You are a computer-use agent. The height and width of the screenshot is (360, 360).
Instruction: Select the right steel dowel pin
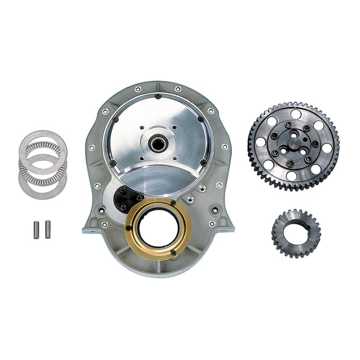48,229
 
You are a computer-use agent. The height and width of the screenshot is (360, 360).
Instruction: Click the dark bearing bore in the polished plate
157,144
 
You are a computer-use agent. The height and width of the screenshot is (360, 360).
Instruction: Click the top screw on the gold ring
173,203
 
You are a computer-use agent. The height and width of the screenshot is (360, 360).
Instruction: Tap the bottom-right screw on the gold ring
174,253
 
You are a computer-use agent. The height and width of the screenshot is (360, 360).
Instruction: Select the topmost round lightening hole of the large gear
296,114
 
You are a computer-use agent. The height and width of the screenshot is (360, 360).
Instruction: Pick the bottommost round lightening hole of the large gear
292,176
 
